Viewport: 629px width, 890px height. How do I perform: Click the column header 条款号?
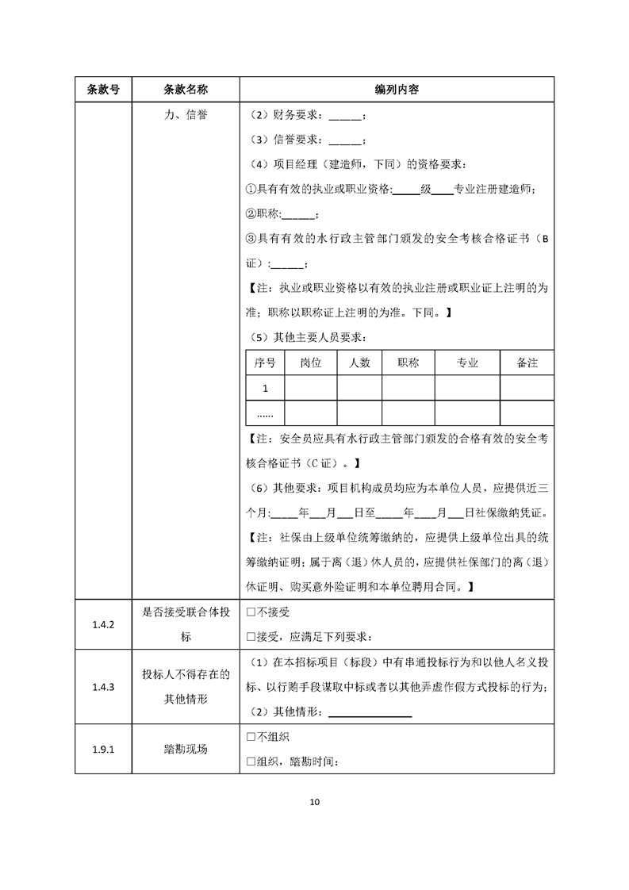[x=103, y=90]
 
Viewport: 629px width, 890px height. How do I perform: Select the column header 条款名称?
[x=186, y=90]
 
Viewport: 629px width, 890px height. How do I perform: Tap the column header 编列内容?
[x=397, y=90]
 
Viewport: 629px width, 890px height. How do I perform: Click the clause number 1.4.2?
[x=103, y=624]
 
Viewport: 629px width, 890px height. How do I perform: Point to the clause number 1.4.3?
[x=103, y=688]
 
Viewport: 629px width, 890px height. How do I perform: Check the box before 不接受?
[x=251, y=612]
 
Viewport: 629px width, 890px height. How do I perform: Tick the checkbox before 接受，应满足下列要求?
[x=251, y=636]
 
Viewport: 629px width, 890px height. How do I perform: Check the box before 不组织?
[x=251, y=737]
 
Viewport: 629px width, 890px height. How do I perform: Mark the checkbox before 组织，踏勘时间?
[x=251, y=761]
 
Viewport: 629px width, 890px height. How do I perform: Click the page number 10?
[x=314, y=802]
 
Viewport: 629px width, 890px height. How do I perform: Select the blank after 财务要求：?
[x=343, y=117]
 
